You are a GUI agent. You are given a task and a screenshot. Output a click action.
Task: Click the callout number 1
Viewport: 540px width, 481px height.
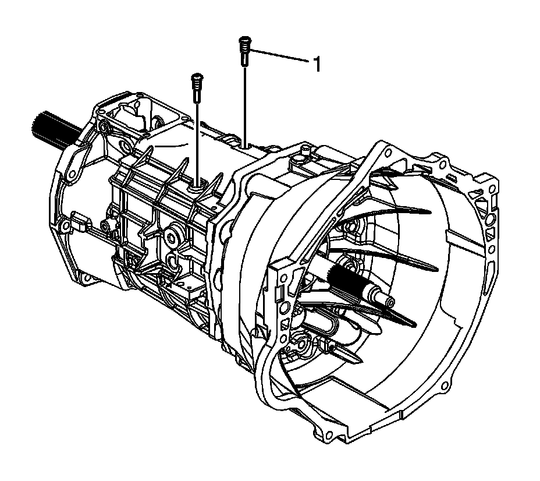pos(317,65)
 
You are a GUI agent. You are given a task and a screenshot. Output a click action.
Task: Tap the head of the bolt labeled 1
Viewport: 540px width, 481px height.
pos(244,38)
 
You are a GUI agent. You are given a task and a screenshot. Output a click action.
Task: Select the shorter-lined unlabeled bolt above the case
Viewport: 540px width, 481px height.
pos(197,88)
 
